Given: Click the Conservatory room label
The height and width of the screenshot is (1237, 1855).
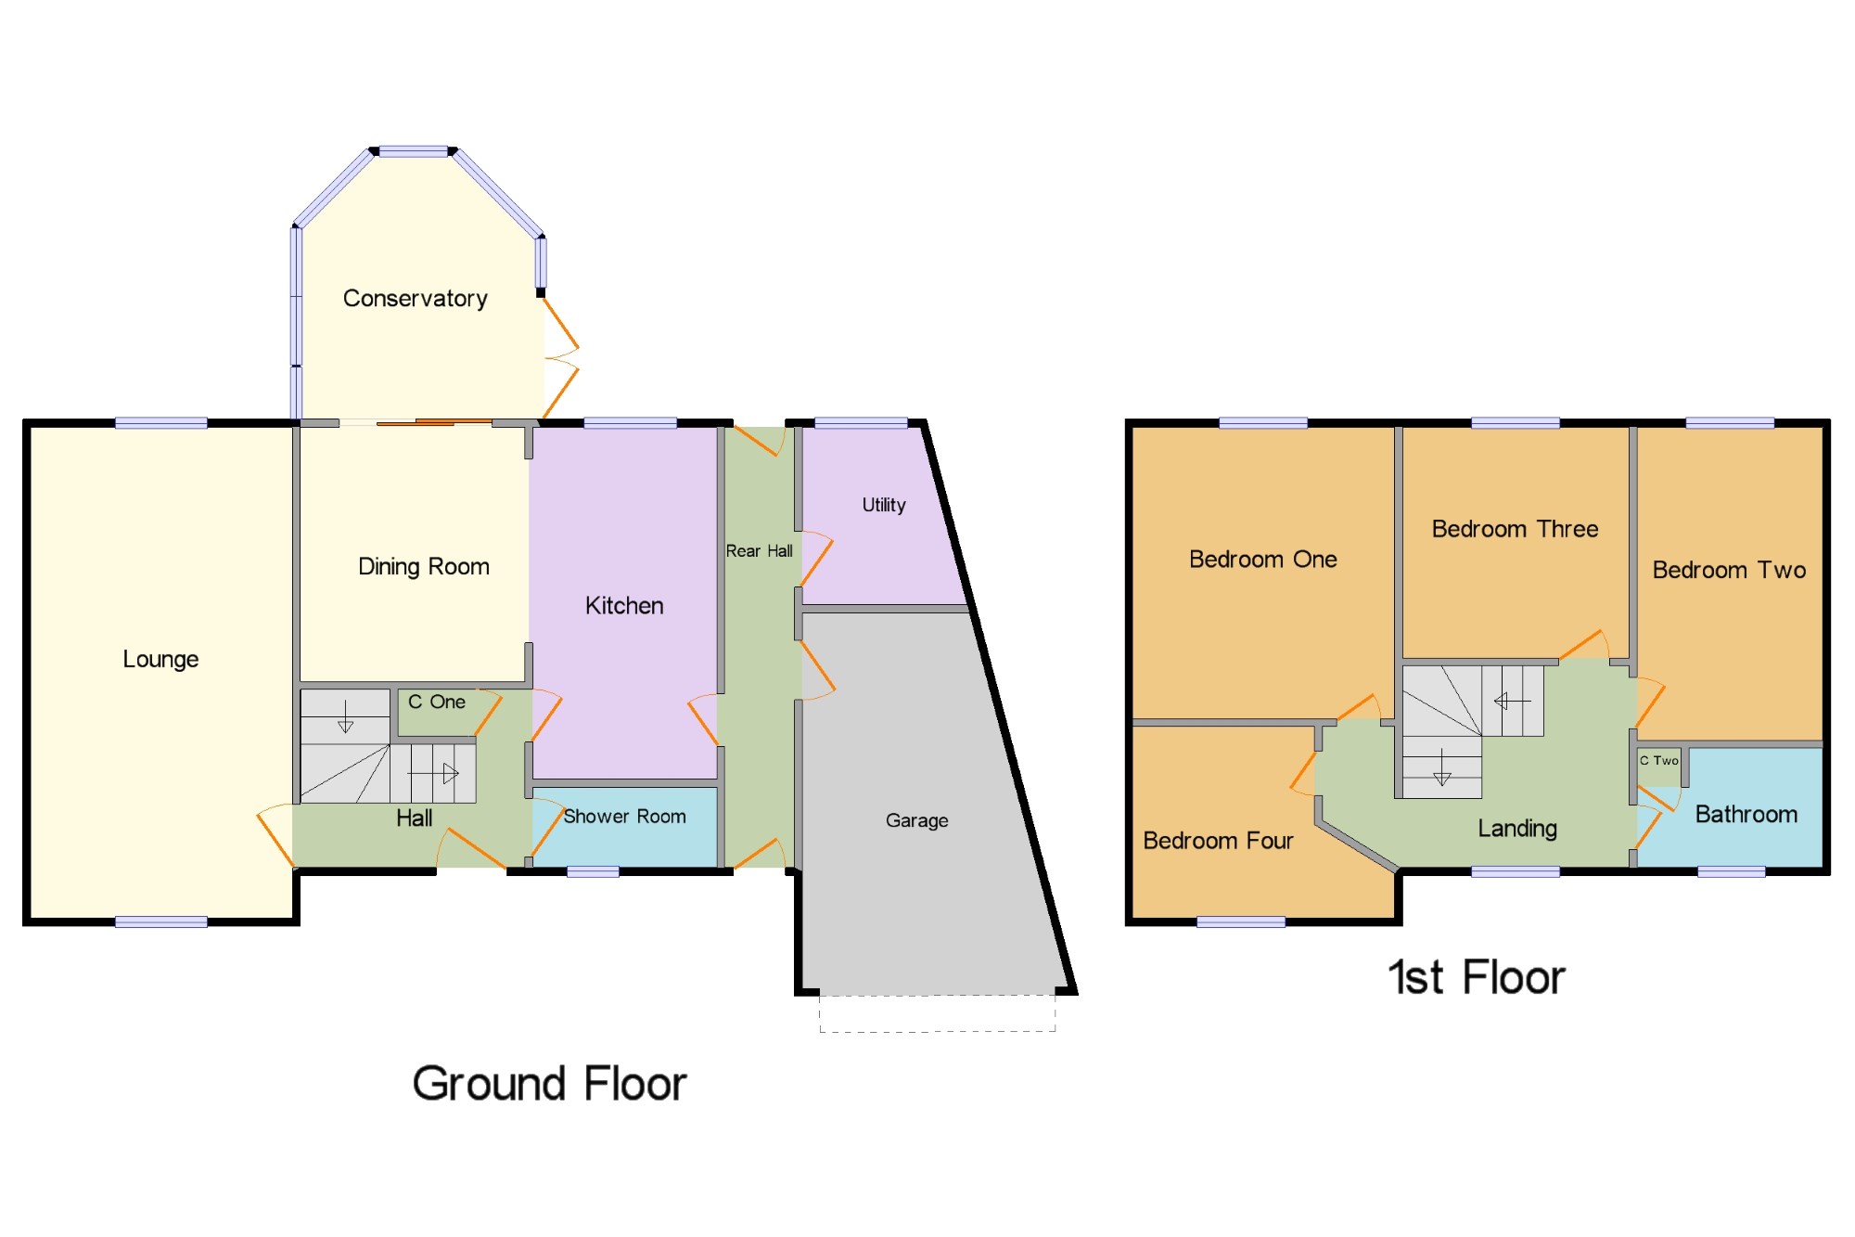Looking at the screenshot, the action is point(416,299).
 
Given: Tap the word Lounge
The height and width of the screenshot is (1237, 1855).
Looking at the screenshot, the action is point(161,660).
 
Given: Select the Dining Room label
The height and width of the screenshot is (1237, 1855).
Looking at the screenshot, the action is point(424,567).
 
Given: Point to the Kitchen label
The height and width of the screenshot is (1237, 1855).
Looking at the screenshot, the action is point(624,606).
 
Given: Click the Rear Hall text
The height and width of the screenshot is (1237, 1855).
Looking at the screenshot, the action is point(760,551).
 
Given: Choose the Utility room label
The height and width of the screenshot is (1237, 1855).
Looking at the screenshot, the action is point(884,505).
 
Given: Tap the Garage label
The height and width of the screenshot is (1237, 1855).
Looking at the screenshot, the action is point(917,820).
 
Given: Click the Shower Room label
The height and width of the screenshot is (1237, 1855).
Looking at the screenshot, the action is point(625,817).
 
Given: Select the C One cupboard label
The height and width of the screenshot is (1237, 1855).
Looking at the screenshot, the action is point(437,702).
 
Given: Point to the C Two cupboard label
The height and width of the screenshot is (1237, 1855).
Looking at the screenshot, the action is point(1659,760).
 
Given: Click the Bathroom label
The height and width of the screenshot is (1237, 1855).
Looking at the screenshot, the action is point(1746,815).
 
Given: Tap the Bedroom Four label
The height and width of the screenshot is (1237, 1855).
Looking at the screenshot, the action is point(1218,841).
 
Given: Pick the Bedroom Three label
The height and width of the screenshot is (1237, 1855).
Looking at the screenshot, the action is point(1516,529).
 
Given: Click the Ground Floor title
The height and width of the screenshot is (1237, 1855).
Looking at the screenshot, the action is point(549,1084).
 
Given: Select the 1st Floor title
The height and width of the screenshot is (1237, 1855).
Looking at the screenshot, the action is point(1477,977).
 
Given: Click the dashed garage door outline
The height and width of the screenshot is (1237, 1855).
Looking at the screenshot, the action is point(938,1013).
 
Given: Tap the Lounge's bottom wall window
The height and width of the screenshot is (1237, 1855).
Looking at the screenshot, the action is point(161,921).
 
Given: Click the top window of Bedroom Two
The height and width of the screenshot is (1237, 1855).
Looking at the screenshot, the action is point(1730,423).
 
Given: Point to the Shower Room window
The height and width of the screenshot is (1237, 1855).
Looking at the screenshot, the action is point(593,871).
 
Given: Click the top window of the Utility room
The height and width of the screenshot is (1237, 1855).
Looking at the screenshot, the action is point(861,423).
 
